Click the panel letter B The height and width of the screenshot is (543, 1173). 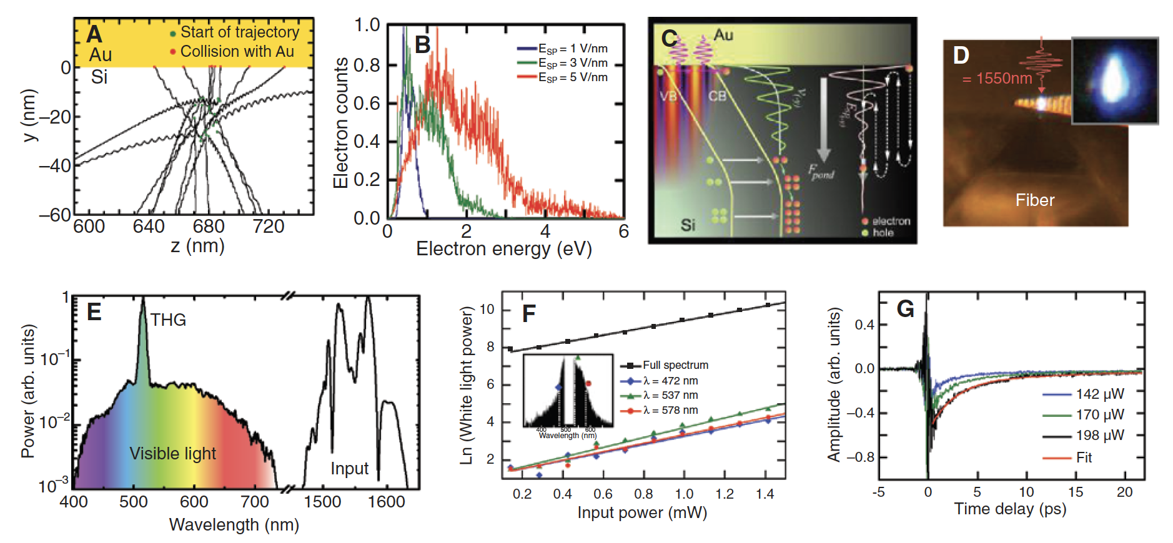pyautogui.click(x=423, y=44)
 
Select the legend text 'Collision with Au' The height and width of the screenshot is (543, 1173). pyautogui.click(x=237, y=51)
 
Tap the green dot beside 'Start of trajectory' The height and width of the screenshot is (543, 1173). pyautogui.click(x=173, y=33)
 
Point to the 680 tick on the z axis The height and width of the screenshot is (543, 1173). pyautogui.click(x=209, y=226)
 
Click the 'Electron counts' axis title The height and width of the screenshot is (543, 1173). pyautogui.click(x=340, y=123)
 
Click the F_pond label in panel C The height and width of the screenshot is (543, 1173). pyautogui.click(x=821, y=172)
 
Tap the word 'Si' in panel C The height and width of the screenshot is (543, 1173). pyautogui.click(x=688, y=224)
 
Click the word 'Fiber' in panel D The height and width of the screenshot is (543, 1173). pyautogui.click(x=1035, y=200)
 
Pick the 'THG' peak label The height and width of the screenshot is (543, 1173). pyautogui.click(x=168, y=320)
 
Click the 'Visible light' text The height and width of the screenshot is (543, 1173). pyautogui.click(x=173, y=453)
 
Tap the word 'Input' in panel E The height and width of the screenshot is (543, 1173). pyautogui.click(x=349, y=468)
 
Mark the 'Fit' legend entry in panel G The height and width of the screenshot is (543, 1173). pyautogui.click(x=1084, y=457)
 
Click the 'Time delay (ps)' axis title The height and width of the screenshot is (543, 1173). pyautogui.click(x=1010, y=509)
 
